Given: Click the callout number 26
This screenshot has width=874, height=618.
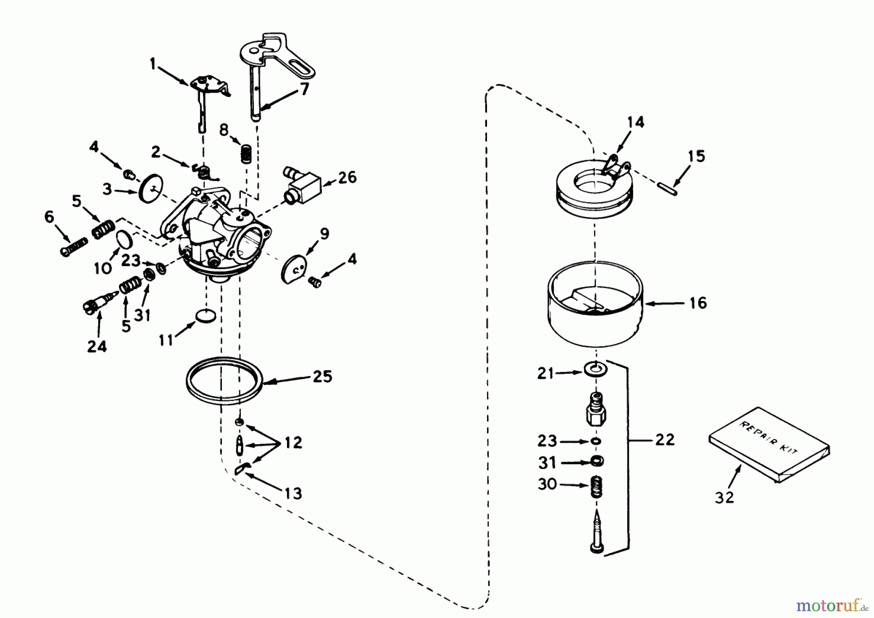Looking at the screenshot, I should pos(348,177).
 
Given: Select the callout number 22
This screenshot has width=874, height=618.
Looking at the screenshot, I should pos(665,440).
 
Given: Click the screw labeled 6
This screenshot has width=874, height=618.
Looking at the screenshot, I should pos(74,246).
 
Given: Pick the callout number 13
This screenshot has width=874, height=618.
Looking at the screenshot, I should pos(293,494).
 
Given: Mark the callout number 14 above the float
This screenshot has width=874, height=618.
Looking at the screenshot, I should pos(636,122).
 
